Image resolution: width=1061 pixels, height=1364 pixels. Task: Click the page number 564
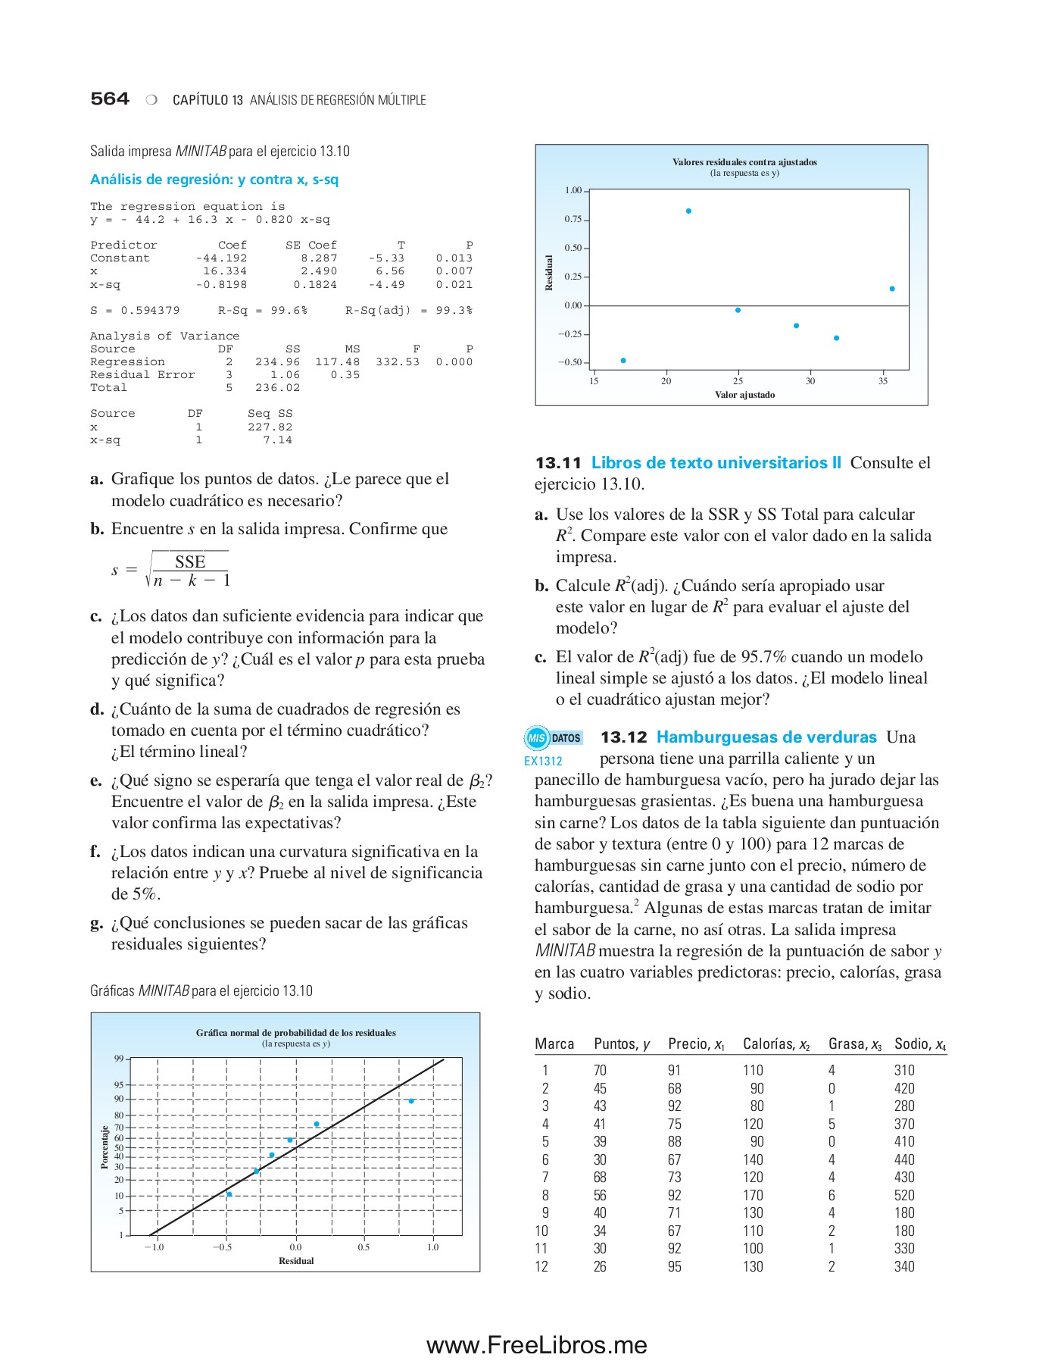pyautogui.click(x=110, y=99)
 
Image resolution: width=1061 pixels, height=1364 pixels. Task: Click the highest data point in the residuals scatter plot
pyautogui.click(x=688, y=211)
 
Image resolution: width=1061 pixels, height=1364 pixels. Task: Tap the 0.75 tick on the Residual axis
pyautogui.click(x=573, y=219)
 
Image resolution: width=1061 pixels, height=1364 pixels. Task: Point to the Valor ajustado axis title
pyautogui.click(x=744, y=395)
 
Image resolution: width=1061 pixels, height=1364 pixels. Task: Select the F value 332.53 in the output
pyautogui.click(x=398, y=362)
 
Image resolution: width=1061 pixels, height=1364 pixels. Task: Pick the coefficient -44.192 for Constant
pyautogui.click(x=221, y=258)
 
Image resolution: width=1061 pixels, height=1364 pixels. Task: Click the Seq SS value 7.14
pyautogui.click(x=277, y=440)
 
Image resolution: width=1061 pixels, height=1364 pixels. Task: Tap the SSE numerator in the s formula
pyautogui.click(x=190, y=562)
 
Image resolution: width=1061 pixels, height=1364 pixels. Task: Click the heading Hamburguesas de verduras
pyautogui.click(x=766, y=737)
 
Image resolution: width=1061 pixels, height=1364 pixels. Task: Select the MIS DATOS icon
pyautogui.click(x=554, y=738)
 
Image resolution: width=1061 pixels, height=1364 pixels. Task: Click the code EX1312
pyautogui.click(x=543, y=762)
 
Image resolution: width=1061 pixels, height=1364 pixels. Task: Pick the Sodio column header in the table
pyautogui.click(x=919, y=1044)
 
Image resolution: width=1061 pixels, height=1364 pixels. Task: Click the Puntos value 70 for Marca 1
pyautogui.click(x=600, y=1071)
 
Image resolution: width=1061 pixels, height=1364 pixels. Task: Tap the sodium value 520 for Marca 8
pyautogui.click(x=904, y=1196)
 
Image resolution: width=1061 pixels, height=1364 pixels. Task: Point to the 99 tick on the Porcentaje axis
pyautogui.click(x=119, y=1059)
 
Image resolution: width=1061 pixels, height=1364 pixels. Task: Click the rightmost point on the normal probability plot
pyautogui.click(x=411, y=1101)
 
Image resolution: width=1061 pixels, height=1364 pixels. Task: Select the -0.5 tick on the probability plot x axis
pyautogui.click(x=222, y=1247)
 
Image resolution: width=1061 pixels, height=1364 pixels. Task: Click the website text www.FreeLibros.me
pyautogui.click(x=536, y=1345)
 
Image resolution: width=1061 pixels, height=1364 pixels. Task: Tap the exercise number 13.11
pyautogui.click(x=558, y=463)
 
